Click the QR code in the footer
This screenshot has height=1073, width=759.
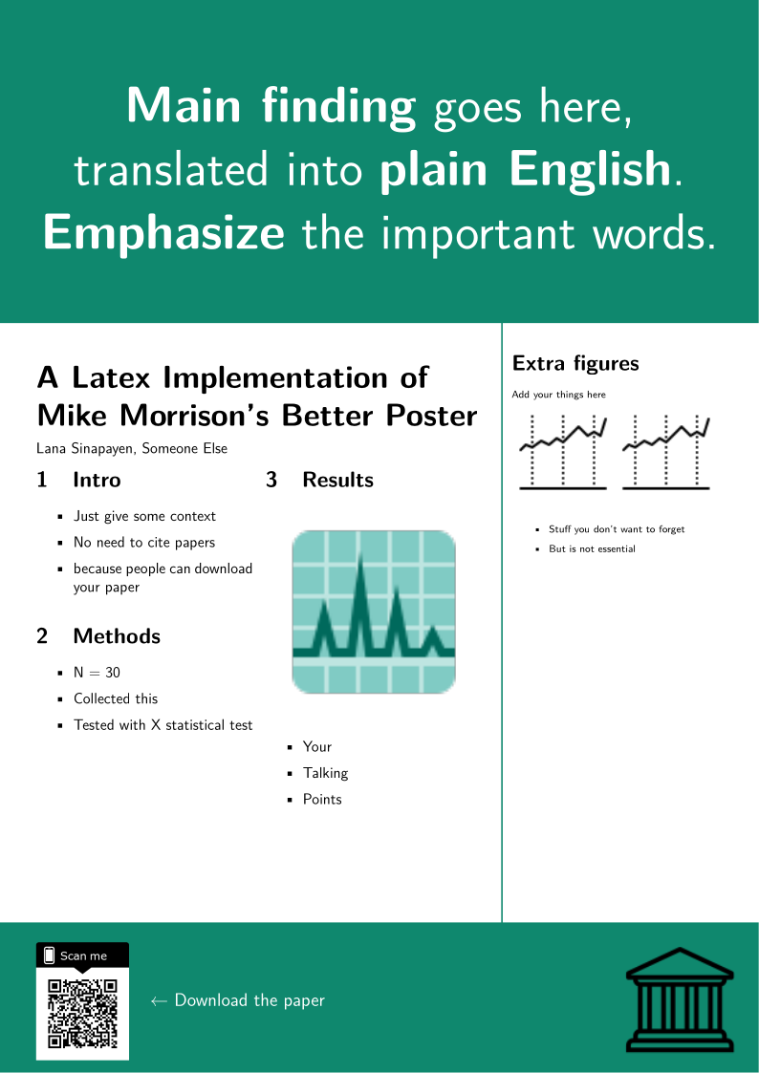[x=83, y=1014]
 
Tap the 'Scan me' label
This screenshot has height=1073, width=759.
[x=83, y=956]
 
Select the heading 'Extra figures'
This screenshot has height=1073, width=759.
[x=575, y=363]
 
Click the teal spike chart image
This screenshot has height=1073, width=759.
[x=374, y=612]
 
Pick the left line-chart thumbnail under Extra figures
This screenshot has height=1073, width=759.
[x=563, y=452]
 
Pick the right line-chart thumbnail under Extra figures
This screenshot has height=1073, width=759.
[x=666, y=452]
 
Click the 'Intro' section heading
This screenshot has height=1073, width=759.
[x=97, y=480]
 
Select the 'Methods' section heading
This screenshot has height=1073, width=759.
[x=117, y=635]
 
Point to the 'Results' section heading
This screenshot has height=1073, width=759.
[x=338, y=480]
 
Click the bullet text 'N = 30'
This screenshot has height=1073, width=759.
[x=98, y=673]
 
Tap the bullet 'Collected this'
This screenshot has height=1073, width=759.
[x=116, y=698]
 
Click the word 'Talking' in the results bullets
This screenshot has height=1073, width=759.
[x=326, y=773]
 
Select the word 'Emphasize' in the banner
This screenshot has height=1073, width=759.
[x=163, y=234]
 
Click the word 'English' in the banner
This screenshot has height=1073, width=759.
[x=589, y=170]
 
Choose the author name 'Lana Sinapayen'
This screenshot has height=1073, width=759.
[x=85, y=449]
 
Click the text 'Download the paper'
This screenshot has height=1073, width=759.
[x=249, y=1000]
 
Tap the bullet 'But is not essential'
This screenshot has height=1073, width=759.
[x=592, y=548]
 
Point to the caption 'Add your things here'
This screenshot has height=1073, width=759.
[x=558, y=395]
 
